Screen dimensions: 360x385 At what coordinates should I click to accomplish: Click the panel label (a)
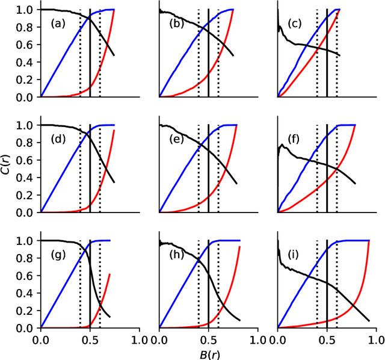[59, 24]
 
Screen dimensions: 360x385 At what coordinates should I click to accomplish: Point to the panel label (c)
[295, 24]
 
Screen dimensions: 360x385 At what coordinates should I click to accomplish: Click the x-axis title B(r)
[208, 352]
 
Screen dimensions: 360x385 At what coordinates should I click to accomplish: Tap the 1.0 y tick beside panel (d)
[25, 125]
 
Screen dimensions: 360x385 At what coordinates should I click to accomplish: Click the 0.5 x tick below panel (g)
[90, 340]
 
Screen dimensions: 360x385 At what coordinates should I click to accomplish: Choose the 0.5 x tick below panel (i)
[327, 340]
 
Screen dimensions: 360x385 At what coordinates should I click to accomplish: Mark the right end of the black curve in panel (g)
[110, 317]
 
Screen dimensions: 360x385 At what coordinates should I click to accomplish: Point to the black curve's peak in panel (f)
[282, 144]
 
